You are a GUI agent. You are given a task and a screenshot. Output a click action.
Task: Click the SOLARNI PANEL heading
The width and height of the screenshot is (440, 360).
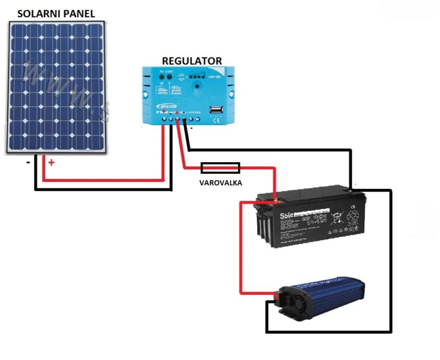[56, 14]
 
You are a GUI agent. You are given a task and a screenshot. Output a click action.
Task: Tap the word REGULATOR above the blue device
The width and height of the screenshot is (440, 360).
[192, 61]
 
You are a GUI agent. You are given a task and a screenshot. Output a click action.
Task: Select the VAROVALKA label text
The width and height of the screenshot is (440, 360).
[220, 183]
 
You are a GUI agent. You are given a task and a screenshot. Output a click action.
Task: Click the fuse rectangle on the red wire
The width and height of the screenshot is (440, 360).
[220, 167]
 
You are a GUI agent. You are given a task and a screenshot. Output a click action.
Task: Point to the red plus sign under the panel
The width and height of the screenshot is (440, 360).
[51, 162]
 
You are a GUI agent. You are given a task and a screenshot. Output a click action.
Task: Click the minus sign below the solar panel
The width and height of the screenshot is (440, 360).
[27, 162]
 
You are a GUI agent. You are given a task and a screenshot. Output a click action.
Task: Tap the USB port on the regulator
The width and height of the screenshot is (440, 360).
[215, 110]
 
